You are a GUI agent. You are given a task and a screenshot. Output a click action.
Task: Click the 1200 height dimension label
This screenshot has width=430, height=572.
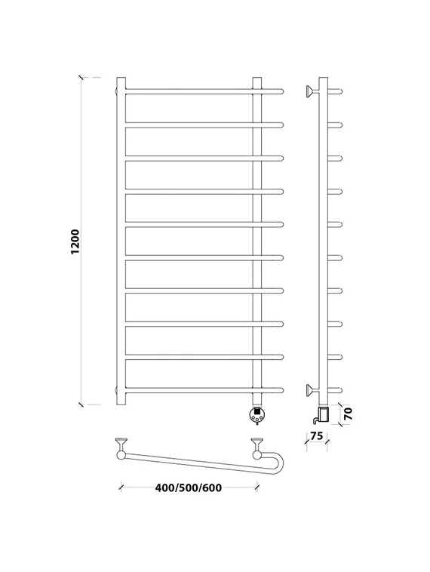tap(75, 241)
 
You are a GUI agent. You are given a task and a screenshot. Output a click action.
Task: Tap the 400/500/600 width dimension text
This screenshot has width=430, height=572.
tap(188, 487)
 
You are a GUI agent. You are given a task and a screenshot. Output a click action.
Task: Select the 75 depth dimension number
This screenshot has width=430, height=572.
tap(317, 435)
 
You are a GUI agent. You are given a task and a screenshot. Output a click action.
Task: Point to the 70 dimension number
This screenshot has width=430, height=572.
tap(349, 414)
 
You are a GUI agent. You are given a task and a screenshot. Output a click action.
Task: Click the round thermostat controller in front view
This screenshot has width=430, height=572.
tap(256, 414)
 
